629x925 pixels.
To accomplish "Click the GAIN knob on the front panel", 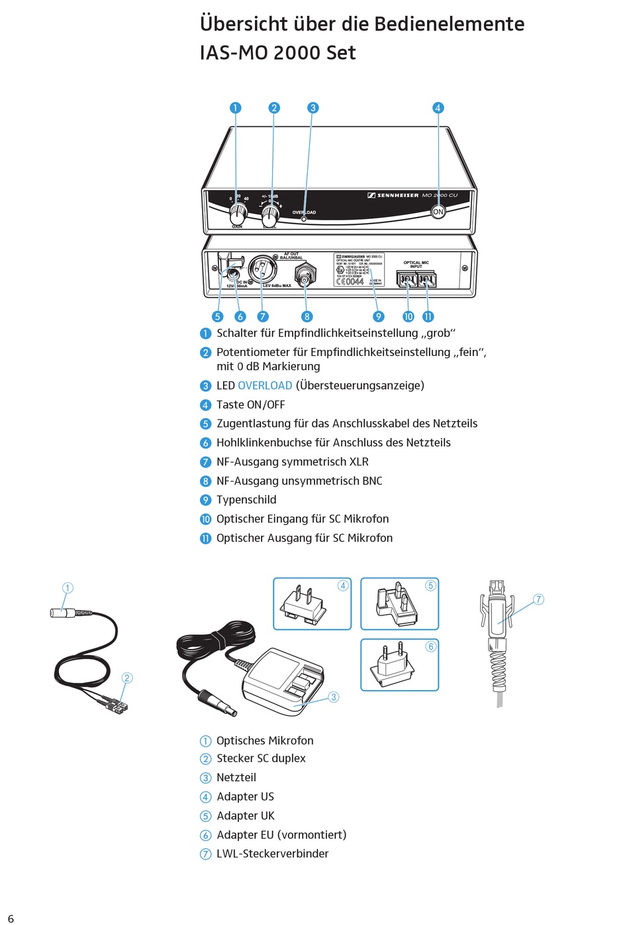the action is [x=238, y=214].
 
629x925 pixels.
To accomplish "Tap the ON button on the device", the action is [x=438, y=212].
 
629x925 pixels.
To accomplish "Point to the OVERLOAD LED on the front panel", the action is [x=304, y=218].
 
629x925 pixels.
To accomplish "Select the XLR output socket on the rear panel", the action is [x=262, y=269].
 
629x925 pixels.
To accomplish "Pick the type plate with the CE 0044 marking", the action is [x=359, y=269].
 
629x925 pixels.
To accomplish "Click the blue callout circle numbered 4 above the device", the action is [x=438, y=108].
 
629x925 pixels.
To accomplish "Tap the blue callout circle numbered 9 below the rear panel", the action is [x=379, y=316].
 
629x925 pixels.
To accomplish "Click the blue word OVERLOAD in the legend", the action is [x=265, y=386].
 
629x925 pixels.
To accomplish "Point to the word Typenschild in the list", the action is [x=246, y=500].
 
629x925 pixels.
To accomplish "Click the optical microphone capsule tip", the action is [x=58, y=613].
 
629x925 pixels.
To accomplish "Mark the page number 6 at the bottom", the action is [x=11, y=918].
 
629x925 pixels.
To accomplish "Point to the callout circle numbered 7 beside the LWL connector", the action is [x=538, y=599].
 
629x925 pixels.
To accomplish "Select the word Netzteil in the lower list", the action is [x=236, y=778].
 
